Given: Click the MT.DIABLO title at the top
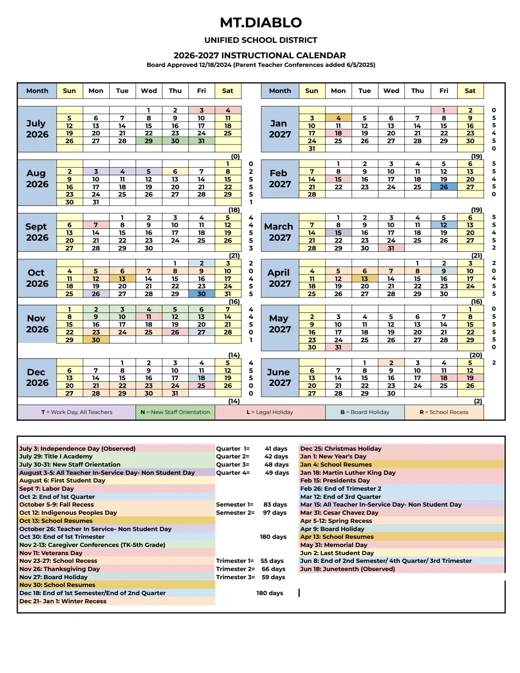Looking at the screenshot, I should coord(261,22).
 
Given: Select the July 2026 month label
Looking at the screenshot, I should coord(37,129).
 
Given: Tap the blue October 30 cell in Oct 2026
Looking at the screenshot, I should coord(201,294).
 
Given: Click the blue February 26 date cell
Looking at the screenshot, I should coord(444,187).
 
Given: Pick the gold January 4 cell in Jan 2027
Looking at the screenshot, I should coord(338,118).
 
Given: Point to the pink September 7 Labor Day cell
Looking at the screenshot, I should coord(96,225).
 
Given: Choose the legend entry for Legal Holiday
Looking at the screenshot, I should coord(270,412).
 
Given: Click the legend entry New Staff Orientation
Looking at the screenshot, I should coord(175,412).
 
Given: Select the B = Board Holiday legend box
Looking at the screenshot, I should coord(365,412).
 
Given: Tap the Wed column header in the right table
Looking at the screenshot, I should coord(391,91).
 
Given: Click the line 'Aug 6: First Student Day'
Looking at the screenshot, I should coord(62,480).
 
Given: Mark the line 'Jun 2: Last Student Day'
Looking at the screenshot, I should coord(337,553).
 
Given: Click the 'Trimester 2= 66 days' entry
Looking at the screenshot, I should coord(250,569).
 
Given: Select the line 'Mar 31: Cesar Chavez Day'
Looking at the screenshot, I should coord(339,513).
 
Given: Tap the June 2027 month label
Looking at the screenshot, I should coord(279,377).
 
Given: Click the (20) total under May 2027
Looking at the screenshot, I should coord(476,355).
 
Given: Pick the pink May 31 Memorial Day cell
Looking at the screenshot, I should coord(338,348).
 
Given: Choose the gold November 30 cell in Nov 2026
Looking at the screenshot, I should coord(96,340).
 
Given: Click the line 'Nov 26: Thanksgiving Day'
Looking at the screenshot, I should coord(60,569).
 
